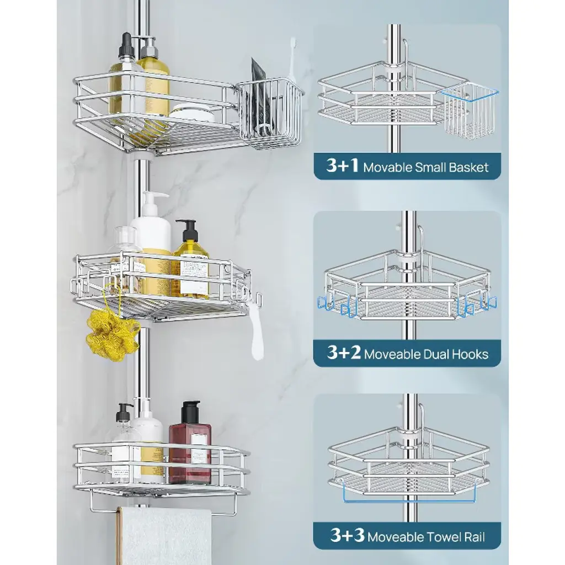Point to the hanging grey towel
tap(165, 535)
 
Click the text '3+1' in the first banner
tap(342, 166)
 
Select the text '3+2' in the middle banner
tap(344, 353)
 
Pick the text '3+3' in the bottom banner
tap(348, 535)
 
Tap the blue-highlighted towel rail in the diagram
tap(409, 500)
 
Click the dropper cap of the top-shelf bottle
tap(126, 46)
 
